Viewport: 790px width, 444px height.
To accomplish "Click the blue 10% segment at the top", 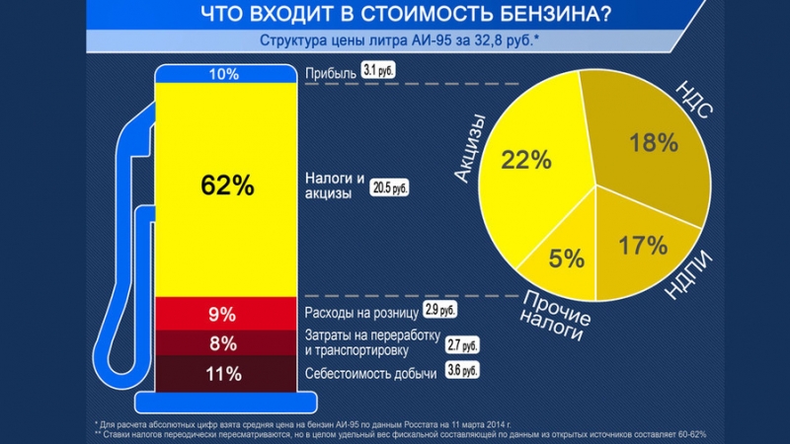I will [x=224, y=74].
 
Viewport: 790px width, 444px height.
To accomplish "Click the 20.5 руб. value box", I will [x=390, y=186].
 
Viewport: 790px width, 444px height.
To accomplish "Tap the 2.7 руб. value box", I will [x=462, y=345].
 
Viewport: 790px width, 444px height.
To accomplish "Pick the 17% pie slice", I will [x=642, y=242].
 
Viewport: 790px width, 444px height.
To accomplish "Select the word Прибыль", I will [x=330, y=73].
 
